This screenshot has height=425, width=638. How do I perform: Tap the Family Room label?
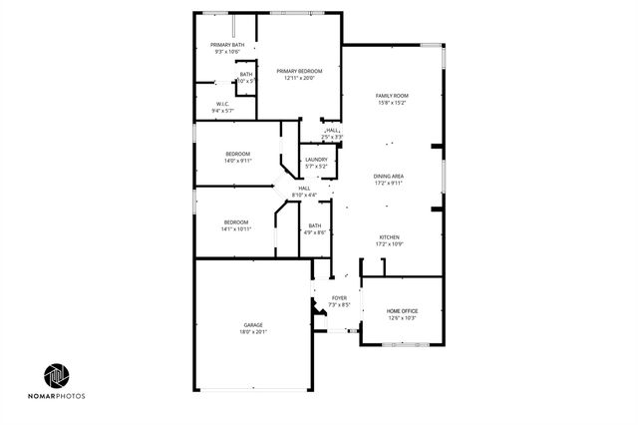click(x=392, y=95)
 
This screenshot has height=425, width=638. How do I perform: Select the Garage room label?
click(x=253, y=325)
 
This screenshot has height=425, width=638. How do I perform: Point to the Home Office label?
click(x=402, y=311)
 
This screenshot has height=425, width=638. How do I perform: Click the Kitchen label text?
click(x=389, y=236)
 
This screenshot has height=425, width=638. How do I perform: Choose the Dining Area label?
click(x=389, y=176)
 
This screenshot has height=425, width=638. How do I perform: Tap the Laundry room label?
click(x=316, y=160)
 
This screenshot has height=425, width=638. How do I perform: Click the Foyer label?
click(x=339, y=297)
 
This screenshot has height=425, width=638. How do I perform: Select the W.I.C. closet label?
click(x=224, y=104)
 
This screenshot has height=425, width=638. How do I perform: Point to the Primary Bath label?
click(x=226, y=45)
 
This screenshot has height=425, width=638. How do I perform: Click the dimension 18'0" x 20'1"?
click(x=253, y=332)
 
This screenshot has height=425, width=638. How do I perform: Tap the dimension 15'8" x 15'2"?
click(x=392, y=102)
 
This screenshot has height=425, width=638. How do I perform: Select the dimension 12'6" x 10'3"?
click(x=402, y=318)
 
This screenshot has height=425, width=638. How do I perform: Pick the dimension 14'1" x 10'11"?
click(x=237, y=228)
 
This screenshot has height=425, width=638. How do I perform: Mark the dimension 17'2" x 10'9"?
click(x=389, y=243)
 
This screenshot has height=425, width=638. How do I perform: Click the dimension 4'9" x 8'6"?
click(x=315, y=232)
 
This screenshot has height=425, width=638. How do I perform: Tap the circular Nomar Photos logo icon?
click(x=56, y=375)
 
